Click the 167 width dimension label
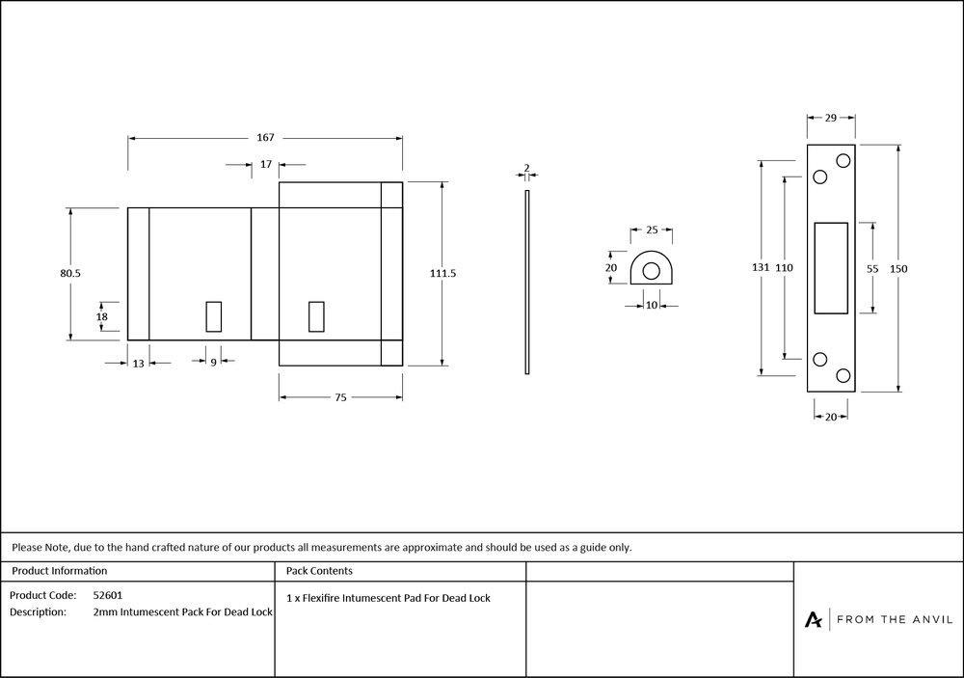265,138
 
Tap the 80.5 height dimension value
70,274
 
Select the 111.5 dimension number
442,274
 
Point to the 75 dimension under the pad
340,397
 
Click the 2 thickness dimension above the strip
526,168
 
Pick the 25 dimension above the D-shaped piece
652,231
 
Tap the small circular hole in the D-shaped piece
651,271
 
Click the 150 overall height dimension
899,268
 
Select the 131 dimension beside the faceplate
761,268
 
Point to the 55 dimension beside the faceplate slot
871,269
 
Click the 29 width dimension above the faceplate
831,117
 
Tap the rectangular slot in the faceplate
831,268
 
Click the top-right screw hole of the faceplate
843,160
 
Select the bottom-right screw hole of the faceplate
843,375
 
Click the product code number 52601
108,596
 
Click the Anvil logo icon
814,619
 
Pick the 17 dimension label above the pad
266,165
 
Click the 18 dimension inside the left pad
102,316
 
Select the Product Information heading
60,571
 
